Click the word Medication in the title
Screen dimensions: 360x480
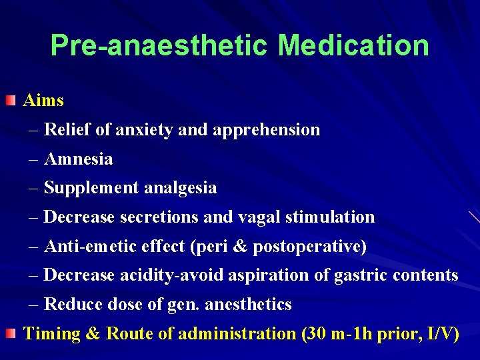pos(353,45)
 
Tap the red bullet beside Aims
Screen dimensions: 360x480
pos(11,101)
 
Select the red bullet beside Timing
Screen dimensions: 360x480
pos(11,333)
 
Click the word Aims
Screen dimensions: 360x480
pos(43,101)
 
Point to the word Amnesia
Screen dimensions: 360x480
pos(78,159)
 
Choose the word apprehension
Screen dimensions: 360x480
pos(267,130)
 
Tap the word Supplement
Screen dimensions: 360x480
pos(91,188)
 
